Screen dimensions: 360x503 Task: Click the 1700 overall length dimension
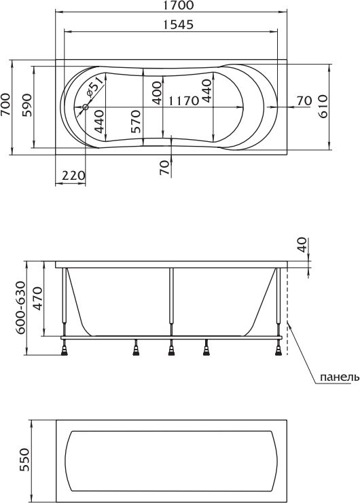coord(179,5)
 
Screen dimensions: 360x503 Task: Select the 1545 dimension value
coord(179,24)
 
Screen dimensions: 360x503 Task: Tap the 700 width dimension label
coord(5,105)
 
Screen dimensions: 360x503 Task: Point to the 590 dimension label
coord(27,105)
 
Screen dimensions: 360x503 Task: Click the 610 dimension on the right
coord(322,106)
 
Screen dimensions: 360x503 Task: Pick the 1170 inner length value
coord(184,101)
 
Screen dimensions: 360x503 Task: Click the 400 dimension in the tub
coord(157,94)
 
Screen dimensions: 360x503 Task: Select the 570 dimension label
coord(135,122)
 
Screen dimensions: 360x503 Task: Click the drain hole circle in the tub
coord(86,107)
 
